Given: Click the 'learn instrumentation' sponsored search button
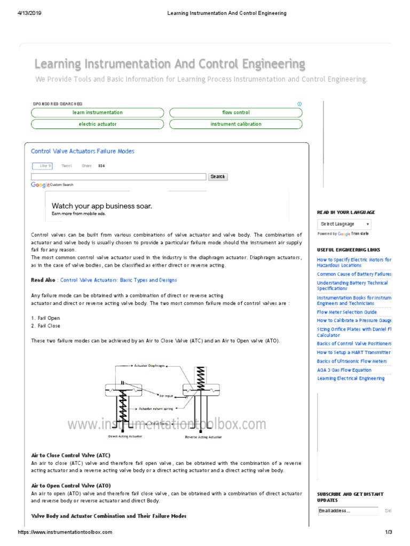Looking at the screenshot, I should pyautogui.click(x=98, y=113).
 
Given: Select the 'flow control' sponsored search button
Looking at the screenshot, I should pyautogui.click(x=235, y=113).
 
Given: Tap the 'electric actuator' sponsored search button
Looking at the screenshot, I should pyautogui.click(x=98, y=124).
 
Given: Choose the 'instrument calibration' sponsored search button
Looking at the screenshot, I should pyautogui.click(x=235, y=124).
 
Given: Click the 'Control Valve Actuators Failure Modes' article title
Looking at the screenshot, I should pyautogui.click(x=83, y=151).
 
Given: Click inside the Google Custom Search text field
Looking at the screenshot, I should pyautogui.click(x=119, y=176).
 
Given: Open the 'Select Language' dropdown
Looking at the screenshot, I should pyautogui.click(x=344, y=224).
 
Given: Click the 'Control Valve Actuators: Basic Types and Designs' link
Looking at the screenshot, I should pyautogui.click(x=119, y=280).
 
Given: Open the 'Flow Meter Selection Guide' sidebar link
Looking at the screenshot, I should pyautogui.click(x=346, y=312).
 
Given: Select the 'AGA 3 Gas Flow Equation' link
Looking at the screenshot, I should pyautogui.click(x=344, y=370).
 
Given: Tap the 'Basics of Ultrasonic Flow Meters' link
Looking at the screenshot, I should pyautogui.click(x=352, y=362).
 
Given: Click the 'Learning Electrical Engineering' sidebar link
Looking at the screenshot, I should pyautogui.click(x=350, y=379).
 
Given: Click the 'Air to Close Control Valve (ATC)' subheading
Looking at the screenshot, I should pyautogui.click(x=71, y=455).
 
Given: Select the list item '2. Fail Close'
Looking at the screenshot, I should pyautogui.click(x=46, y=326).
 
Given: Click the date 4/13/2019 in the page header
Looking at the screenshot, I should pyautogui.click(x=30, y=13).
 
